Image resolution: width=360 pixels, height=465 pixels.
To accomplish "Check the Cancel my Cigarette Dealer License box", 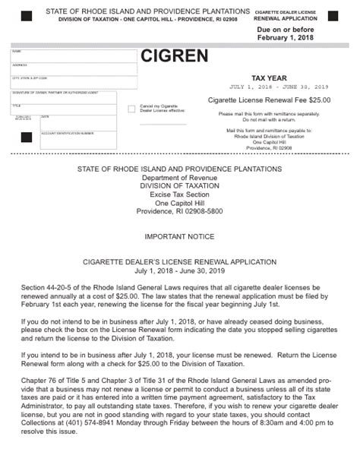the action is point(132,109).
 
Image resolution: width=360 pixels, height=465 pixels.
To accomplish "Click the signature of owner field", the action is point(63,98).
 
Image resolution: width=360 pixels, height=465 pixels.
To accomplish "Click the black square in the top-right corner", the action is point(333,16).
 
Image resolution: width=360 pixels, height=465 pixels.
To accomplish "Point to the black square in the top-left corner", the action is point(27,16).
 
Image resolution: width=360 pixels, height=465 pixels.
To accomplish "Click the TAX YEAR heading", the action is point(270,77).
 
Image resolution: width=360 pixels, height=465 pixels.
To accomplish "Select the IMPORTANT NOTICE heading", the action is point(179,237).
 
